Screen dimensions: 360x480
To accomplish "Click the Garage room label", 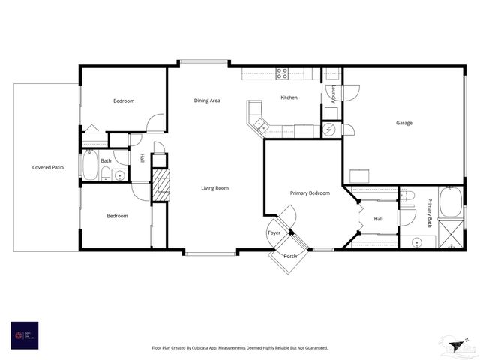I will click(403, 123).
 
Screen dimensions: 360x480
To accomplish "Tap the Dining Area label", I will click(207, 100).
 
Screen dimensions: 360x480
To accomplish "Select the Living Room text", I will click(214, 188).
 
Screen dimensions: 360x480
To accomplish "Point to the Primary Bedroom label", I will click(310, 193).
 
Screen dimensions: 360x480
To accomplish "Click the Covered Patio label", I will click(47, 167).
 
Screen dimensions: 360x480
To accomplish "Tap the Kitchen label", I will click(289, 97).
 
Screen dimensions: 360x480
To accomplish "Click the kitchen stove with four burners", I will click(283, 73).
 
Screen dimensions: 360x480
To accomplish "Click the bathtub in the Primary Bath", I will click(451, 202).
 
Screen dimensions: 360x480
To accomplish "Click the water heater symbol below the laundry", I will click(331, 130).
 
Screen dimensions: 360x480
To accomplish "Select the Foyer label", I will click(274, 233).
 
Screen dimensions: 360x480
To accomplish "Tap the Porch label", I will click(290, 256).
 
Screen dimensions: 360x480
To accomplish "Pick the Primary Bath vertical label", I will click(430, 212).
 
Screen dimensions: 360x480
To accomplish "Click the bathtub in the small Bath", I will click(90, 166).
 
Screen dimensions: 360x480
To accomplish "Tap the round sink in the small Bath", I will click(119, 177).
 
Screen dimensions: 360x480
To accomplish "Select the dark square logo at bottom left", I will click(24, 335).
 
